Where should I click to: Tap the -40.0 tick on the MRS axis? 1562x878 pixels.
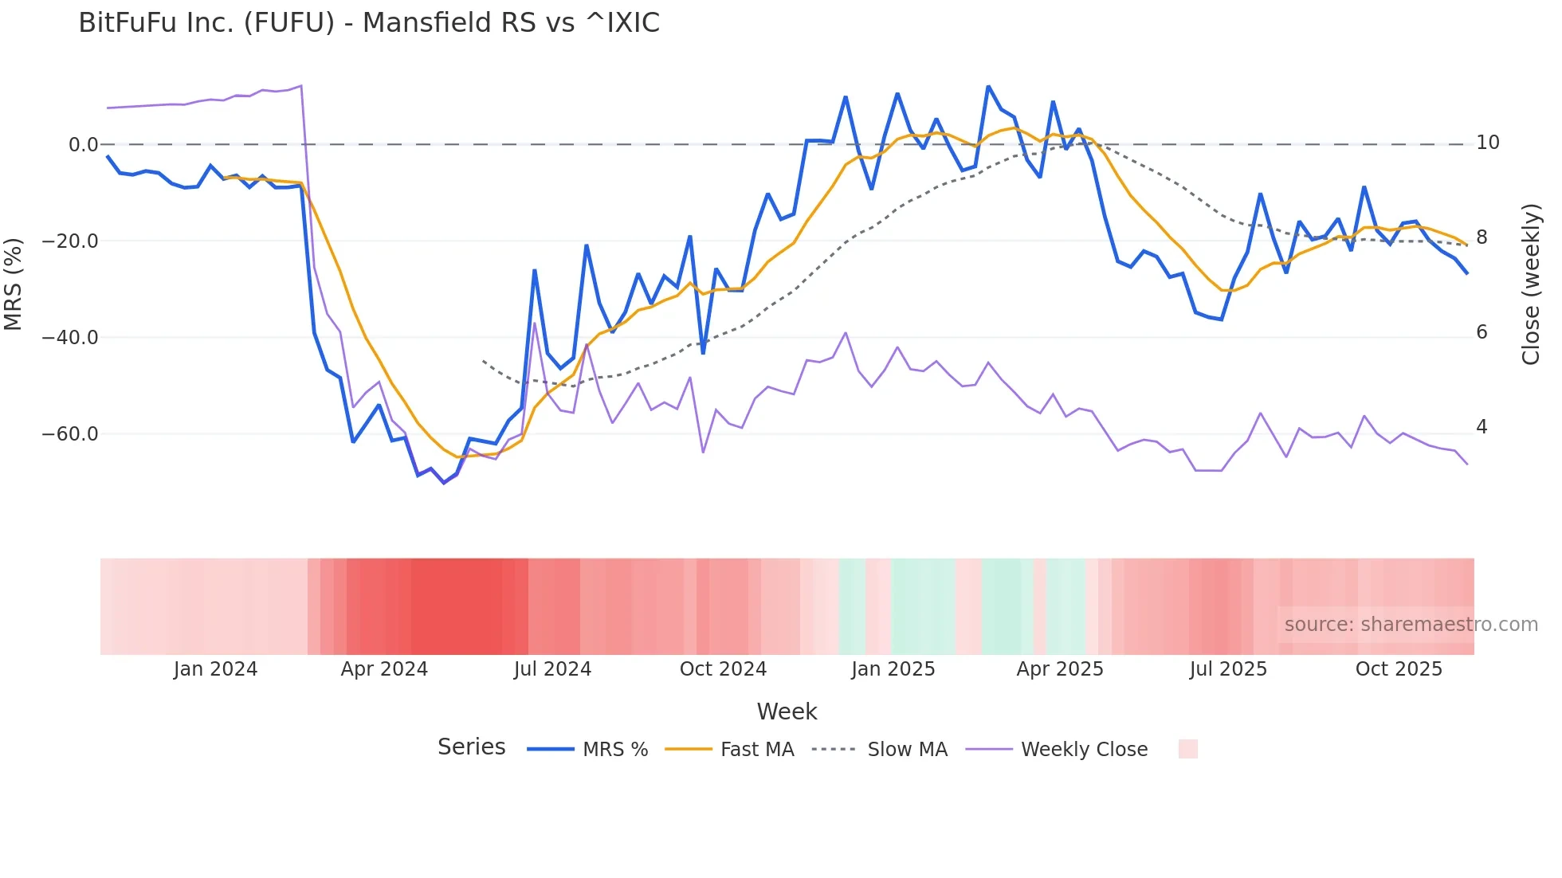[70, 338]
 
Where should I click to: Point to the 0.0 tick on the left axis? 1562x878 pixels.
[83, 145]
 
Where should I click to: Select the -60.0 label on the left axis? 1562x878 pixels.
[70, 434]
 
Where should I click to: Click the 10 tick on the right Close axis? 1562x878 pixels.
[1487, 143]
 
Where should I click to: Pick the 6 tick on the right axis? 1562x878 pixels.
[1482, 332]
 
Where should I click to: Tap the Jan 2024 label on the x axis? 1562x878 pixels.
[215, 669]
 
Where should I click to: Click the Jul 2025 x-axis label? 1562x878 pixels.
[1228, 669]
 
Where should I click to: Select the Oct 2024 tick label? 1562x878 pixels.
[723, 669]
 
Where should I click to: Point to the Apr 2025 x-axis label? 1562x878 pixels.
[1060, 669]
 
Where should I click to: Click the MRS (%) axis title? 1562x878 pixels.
[14, 284]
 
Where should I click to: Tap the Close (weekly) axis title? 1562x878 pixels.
[1531, 284]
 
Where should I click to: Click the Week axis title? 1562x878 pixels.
[787, 711]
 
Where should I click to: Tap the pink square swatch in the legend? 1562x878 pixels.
[1187, 749]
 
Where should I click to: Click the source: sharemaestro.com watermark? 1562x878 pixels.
[1411, 625]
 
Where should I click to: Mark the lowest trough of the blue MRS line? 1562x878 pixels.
[444, 483]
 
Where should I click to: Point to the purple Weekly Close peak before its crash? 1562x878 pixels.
[300, 85]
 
